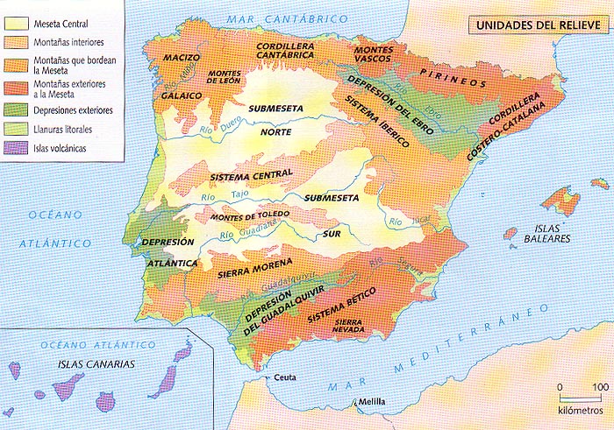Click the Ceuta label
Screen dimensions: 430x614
coord(282,377)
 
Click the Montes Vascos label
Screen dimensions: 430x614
coord(373,56)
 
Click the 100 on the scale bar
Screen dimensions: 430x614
coord(600,386)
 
